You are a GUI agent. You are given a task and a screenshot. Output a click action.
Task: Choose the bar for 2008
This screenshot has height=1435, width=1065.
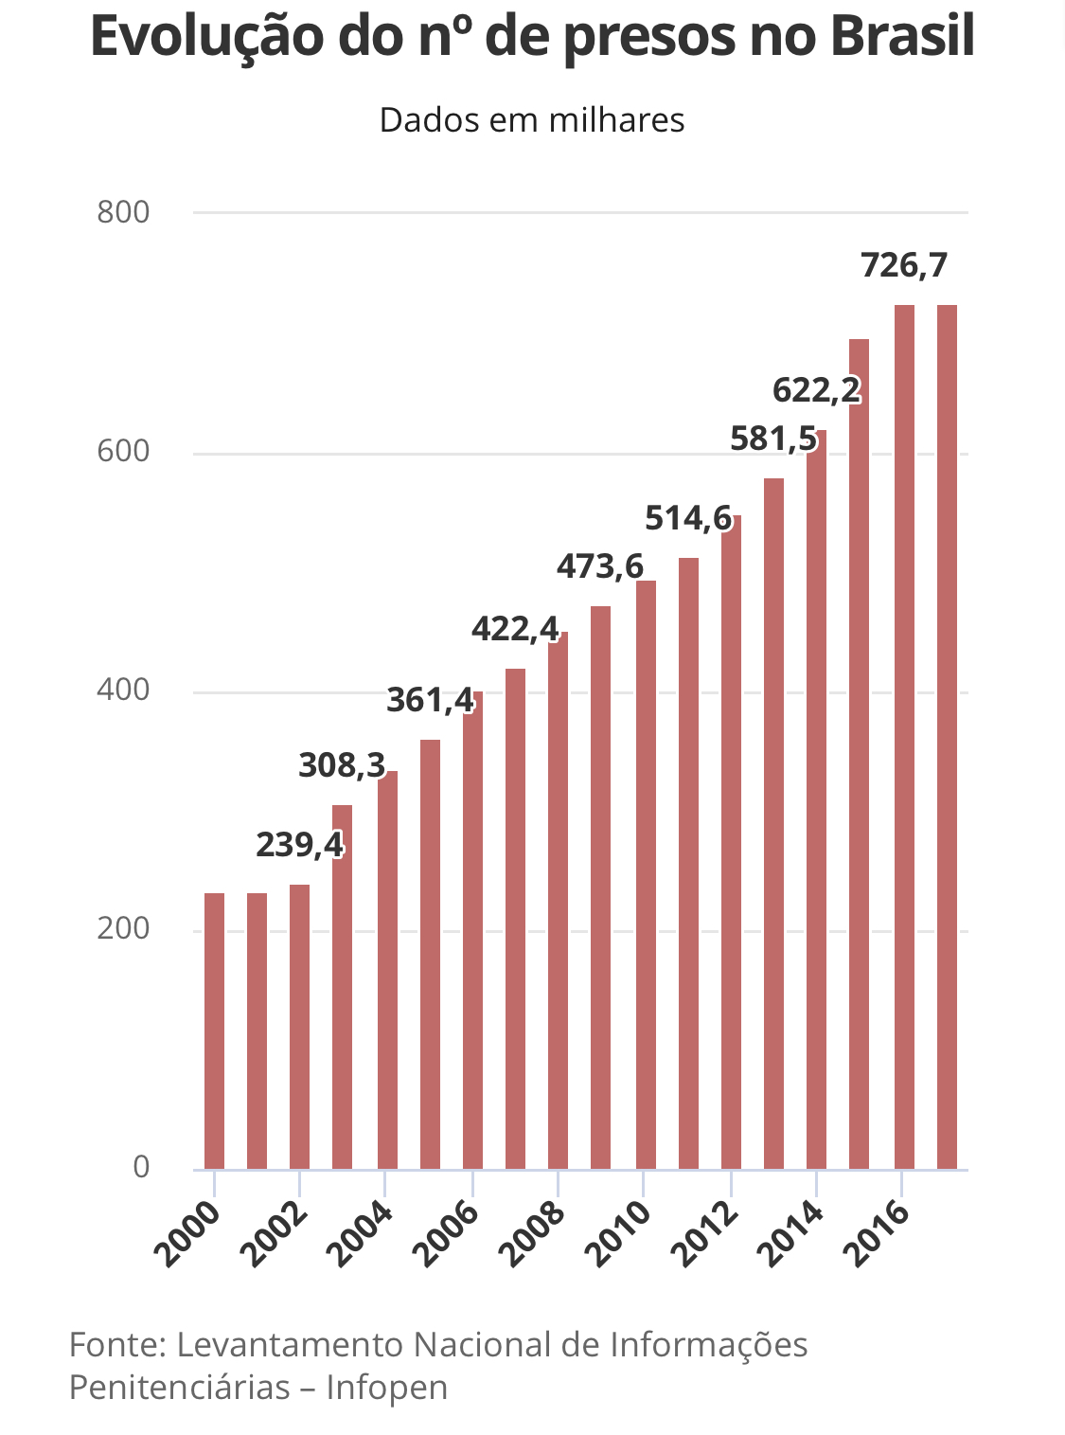(558, 900)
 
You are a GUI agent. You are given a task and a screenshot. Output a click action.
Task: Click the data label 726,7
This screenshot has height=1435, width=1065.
(904, 266)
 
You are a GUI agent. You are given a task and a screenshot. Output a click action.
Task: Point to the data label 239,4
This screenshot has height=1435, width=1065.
(299, 844)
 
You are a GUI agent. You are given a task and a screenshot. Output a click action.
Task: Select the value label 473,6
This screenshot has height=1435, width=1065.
(600, 566)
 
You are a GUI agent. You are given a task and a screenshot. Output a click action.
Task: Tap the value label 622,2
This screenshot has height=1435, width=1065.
(816, 389)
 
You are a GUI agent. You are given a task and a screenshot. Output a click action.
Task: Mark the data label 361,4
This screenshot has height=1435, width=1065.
(430, 700)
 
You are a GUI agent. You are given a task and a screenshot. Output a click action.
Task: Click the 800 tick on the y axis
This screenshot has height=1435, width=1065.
(124, 212)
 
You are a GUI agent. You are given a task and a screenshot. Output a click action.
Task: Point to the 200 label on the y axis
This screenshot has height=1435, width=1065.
(124, 928)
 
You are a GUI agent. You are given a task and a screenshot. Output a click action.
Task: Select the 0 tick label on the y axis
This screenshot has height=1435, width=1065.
(141, 1167)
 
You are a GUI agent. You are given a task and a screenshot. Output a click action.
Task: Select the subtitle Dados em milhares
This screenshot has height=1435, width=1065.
(532, 120)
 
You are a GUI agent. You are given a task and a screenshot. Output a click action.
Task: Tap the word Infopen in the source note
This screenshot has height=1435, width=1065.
(387, 1387)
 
